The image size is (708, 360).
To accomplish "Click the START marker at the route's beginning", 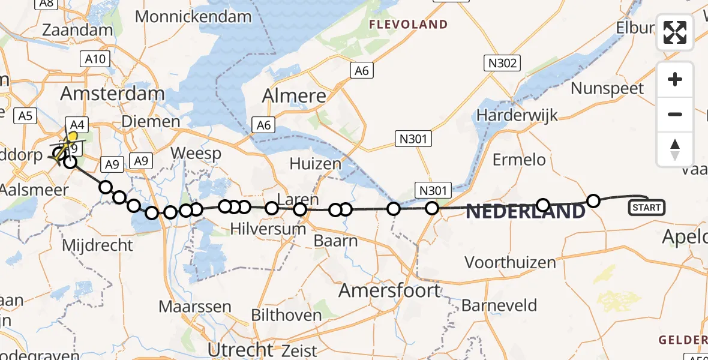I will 646,208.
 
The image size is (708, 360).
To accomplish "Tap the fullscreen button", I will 675,32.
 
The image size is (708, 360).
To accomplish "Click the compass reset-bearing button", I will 675,149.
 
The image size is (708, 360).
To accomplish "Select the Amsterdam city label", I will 112,94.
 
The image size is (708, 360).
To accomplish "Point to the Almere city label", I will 294,95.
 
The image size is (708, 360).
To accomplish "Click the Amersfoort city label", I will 389,291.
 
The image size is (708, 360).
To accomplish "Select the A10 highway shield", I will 95,59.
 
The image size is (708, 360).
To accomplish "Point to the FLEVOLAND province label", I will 408,25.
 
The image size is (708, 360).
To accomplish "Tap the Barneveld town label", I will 499,305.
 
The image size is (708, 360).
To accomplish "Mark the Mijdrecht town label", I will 98,245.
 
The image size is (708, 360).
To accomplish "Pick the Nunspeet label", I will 607,89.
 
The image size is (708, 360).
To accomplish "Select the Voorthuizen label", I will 510,262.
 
